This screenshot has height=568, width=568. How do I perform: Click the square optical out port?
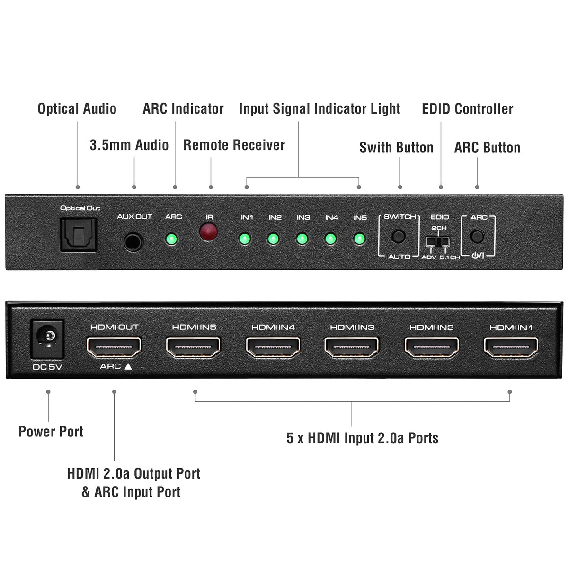point(79,235)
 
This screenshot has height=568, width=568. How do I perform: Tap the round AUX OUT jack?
point(133,242)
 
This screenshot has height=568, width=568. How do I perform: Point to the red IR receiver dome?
point(209,231)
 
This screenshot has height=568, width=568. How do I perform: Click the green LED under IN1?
point(245,239)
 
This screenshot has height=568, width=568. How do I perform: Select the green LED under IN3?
point(302,239)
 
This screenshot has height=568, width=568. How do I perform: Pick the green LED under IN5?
point(359,239)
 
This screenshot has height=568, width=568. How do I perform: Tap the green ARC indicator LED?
point(171,239)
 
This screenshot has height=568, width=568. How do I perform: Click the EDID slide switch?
point(437,241)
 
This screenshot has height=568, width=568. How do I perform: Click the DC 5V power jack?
point(47,339)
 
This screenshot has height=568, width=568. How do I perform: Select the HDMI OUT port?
point(114,347)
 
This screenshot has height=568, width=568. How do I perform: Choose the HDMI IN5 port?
point(193,347)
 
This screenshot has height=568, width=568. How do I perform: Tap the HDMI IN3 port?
point(352,347)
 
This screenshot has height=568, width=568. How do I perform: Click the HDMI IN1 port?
point(511,347)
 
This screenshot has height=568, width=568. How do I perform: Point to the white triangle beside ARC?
point(128,366)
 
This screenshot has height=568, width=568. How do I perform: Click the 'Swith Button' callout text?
point(397,147)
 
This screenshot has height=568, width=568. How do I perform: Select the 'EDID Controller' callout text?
point(468,108)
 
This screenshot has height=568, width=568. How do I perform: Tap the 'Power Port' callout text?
point(51,432)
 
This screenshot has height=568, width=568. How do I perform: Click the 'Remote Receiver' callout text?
point(234,145)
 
